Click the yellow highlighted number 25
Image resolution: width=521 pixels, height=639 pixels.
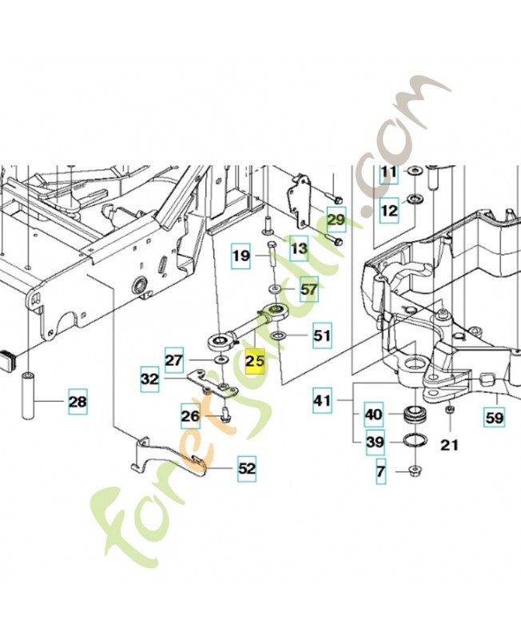click(255, 362)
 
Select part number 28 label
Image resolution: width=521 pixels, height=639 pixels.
click(78, 402)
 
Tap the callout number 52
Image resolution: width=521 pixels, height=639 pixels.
click(247, 469)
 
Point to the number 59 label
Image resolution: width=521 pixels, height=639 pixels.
click(494, 417)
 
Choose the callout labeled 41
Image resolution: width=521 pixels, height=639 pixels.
click(323, 401)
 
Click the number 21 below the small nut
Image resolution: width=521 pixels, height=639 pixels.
click(450, 445)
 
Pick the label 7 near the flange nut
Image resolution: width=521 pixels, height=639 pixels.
click(380, 471)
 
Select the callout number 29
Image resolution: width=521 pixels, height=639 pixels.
click(336, 220)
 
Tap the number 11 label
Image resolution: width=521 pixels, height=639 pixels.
click(389, 172)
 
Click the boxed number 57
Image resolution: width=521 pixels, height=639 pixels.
click(308, 289)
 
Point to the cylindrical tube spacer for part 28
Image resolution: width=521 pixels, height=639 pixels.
click(28, 394)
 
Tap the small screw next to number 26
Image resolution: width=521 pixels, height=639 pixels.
click(225, 415)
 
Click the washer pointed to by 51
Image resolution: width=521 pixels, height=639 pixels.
click(278, 335)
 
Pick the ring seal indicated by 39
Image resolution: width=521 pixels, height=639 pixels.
click(415, 442)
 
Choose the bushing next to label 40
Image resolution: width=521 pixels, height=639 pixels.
click(415, 415)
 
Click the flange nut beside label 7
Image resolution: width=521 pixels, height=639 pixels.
click(415, 470)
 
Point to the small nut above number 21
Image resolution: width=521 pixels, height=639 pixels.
click(450, 409)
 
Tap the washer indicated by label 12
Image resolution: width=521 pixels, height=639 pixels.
click(416, 200)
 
